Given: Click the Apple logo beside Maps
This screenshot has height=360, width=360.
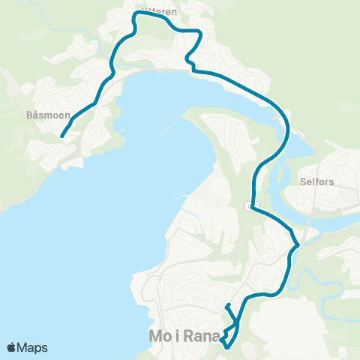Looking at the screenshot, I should click(x=10, y=347).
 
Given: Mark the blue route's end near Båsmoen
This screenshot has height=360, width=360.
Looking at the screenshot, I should click(x=61, y=136).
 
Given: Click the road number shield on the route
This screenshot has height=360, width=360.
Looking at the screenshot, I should click(x=252, y=205).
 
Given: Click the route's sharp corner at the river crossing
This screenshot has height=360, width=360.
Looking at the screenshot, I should click(x=298, y=244).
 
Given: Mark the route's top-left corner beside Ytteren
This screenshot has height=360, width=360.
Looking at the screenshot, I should click(x=136, y=14).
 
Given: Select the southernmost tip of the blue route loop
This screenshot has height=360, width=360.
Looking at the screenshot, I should click(x=226, y=346).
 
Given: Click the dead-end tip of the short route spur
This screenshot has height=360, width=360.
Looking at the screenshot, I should click(x=226, y=305).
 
